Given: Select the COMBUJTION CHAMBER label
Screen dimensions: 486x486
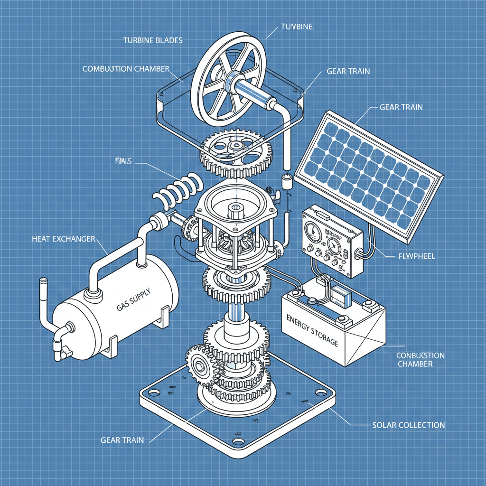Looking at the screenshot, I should tap(126, 69).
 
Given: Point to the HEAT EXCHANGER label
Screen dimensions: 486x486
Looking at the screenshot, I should tap(63, 238).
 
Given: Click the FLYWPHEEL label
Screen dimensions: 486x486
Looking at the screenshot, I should tap(415, 256).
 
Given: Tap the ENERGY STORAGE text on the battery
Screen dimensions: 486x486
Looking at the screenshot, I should tap(313, 329).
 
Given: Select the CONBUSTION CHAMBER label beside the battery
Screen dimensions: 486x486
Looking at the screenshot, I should tap(421, 359).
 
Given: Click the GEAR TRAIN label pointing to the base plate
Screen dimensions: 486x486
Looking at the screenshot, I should tap(122, 440).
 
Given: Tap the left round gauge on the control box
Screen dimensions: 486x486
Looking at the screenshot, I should tap(311, 231).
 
